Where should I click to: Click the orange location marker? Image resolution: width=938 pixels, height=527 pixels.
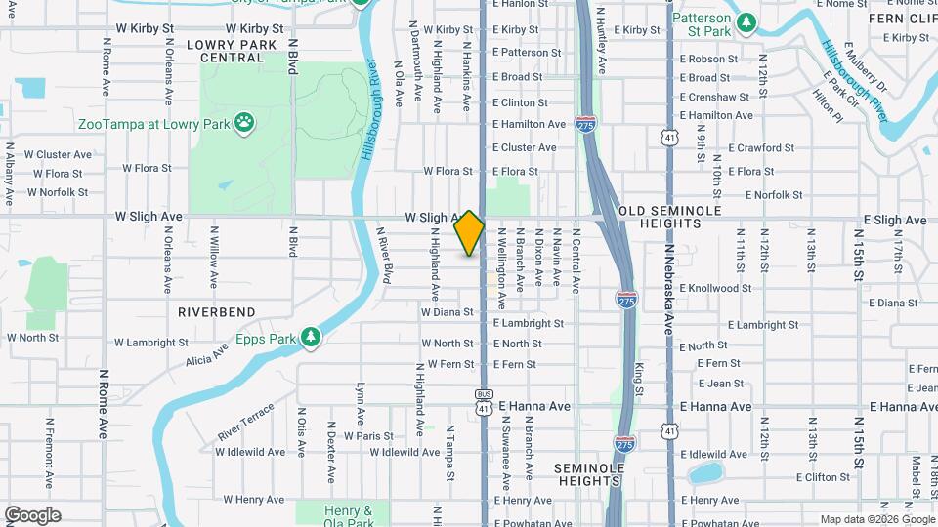tap(469, 232)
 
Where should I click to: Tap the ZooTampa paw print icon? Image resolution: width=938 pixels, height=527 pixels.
tap(243, 124)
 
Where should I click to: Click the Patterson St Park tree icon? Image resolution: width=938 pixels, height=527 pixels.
tap(747, 21)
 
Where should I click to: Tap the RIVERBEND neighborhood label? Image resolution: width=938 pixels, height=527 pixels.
tap(217, 312)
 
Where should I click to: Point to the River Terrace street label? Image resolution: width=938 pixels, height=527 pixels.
tap(246, 420)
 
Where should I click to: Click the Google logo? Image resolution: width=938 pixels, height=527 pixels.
tap(32, 515)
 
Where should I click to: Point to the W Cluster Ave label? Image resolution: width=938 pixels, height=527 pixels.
tap(58, 154)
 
